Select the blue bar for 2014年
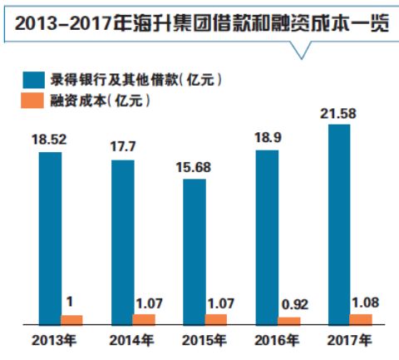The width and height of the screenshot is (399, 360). coord(122,241)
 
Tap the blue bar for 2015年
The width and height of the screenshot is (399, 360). coord(195,250)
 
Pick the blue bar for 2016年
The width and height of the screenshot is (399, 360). coord(267,237)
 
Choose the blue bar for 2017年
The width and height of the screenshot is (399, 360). coord(339,224)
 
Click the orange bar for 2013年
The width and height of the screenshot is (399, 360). coord(72,319)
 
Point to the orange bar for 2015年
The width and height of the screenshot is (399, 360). coord(216,318)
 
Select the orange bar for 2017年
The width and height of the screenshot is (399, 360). coord(361,318)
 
